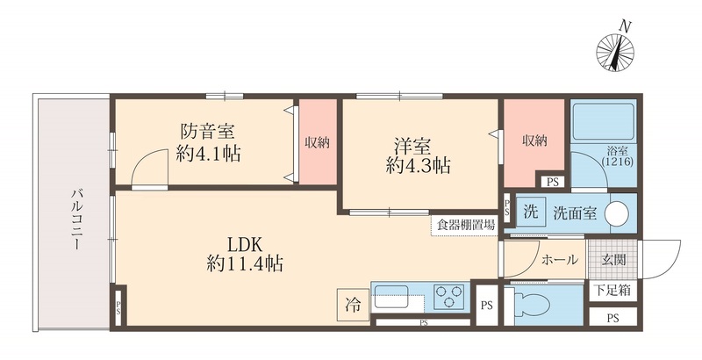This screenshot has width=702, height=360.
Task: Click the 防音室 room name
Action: pyautogui.click(x=207, y=133)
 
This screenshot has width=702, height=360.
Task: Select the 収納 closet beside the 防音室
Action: pyautogui.click(x=317, y=142)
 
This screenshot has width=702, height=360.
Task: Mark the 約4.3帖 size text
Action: pyautogui.click(x=419, y=164)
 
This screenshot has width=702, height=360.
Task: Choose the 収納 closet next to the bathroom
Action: pyautogui.click(x=533, y=140)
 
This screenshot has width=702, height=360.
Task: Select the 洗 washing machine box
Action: pyautogui.click(x=530, y=212)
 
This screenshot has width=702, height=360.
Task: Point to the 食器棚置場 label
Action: pyautogui.click(x=464, y=224)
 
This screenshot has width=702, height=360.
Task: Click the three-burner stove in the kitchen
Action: pyautogui.click(x=449, y=297)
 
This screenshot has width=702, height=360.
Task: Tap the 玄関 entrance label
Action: pyautogui.click(x=613, y=260)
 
